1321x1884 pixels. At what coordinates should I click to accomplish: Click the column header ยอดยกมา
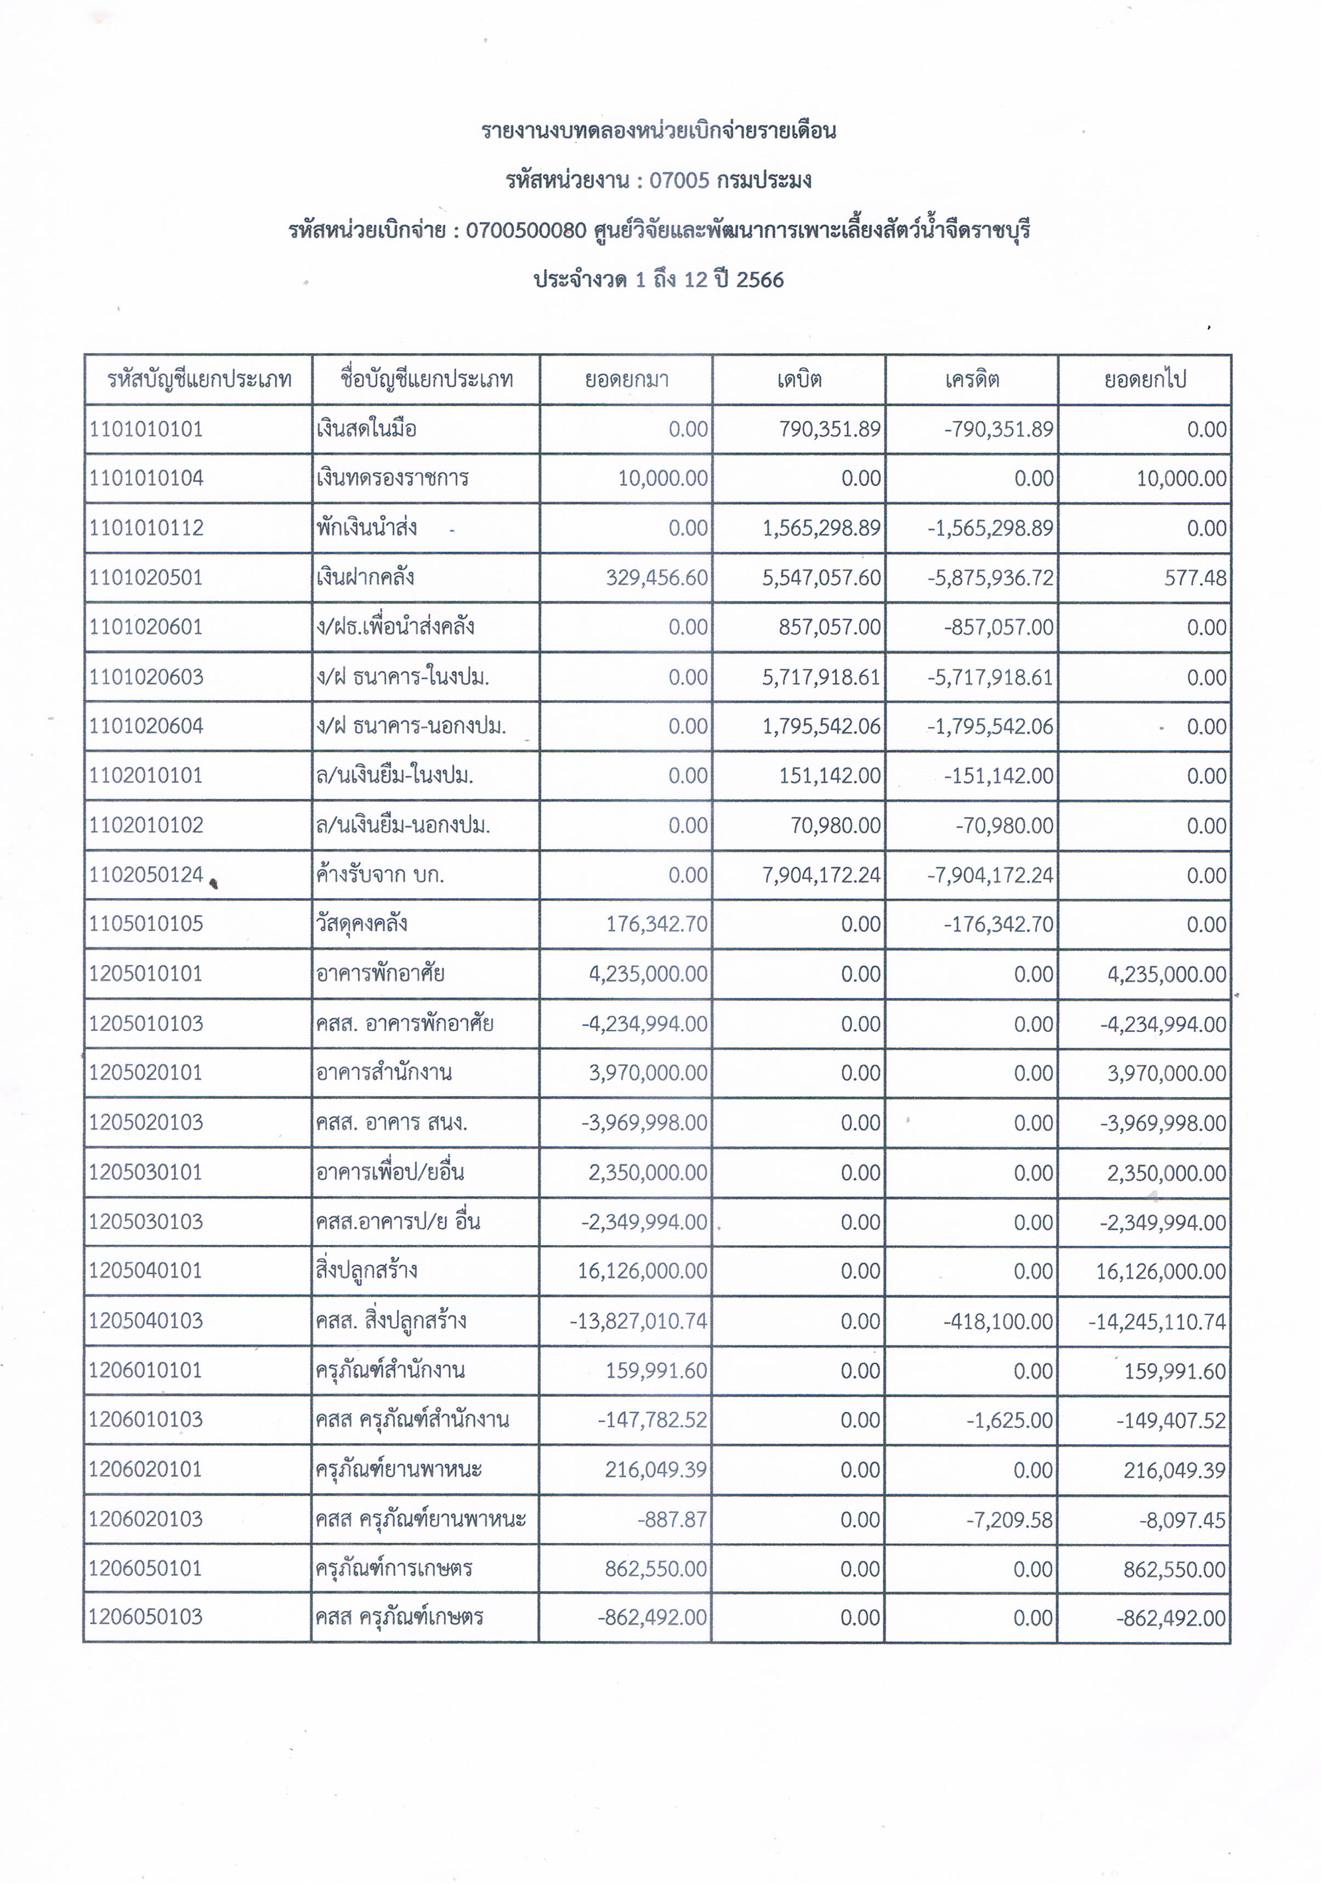626,380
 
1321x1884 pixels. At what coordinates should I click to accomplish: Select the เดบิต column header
799,380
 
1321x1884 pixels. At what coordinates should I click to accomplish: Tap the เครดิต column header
972,380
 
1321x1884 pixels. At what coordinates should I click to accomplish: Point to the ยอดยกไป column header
1144,380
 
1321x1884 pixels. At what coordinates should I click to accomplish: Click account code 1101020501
146,578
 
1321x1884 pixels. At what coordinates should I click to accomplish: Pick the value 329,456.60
656,578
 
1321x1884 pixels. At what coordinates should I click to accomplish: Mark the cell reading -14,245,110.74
1157,1321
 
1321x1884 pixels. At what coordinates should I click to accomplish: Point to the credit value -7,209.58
1008,1520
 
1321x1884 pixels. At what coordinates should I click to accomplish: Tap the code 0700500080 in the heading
526,231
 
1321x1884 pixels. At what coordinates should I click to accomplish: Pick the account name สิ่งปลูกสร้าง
367,1271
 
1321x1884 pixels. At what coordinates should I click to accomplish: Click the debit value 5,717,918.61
821,677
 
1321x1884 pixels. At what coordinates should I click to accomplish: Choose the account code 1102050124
146,875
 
